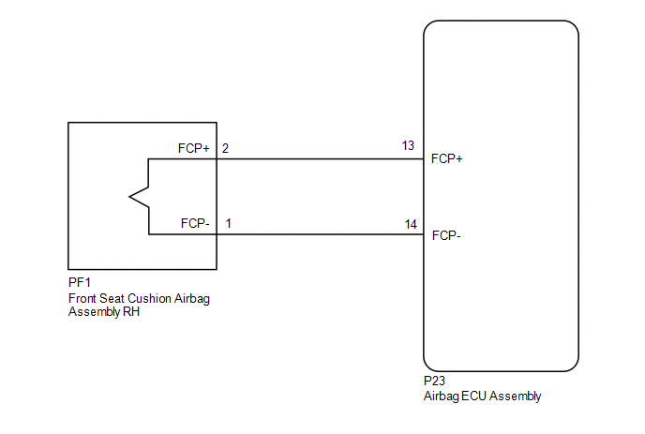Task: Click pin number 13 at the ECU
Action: click(408, 145)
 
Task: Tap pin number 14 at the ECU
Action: click(411, 224)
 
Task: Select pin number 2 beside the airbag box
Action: click(225, 148)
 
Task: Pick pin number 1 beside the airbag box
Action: click(229, 223)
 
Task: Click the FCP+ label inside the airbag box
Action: click(194, 148)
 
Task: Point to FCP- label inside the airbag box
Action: click(195, 223)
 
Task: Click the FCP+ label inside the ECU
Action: click(447, 158)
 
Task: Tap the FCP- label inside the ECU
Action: click(446, 235)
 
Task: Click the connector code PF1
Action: click(80, 282)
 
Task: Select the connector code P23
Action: click(434, 381)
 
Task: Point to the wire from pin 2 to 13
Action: click(320, 159)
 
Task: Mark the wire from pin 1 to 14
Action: click(320, 234)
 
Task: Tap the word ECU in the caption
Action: click(474, 397)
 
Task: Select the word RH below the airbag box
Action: click(131, 312)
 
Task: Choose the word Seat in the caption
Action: click(112, 298)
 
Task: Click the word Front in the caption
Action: click(82, 298)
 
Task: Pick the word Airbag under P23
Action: click(441, 397)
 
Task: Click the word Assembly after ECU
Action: click(516, 397)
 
